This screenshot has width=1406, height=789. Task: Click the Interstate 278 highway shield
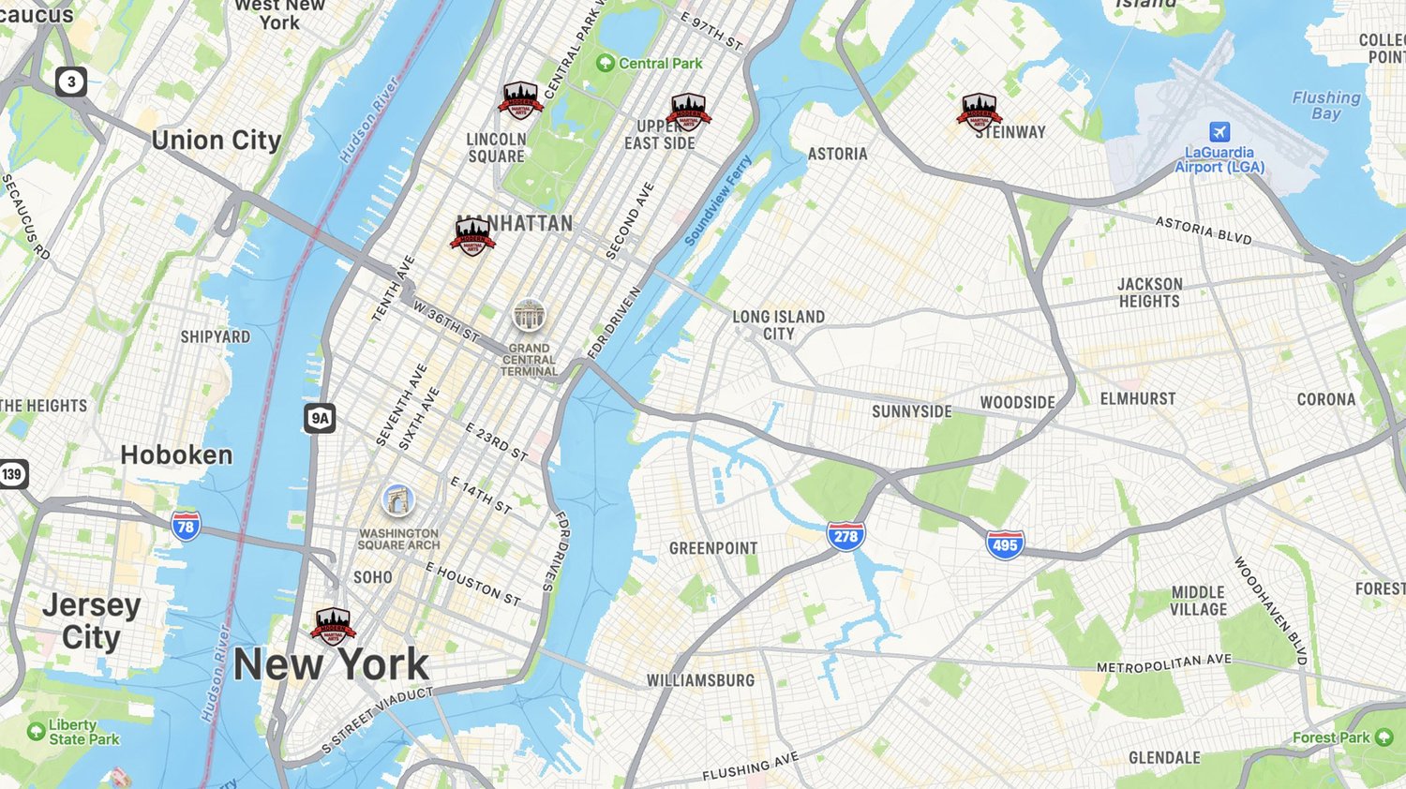coord(845,536)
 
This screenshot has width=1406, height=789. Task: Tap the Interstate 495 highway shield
coord(1004,543)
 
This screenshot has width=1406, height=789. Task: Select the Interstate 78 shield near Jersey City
coord(186,526)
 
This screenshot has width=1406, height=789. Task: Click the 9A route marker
coord(320,418)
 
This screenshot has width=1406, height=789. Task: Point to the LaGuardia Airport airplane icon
coord(1219,131)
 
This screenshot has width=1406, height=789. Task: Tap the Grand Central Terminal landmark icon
coord(529,316)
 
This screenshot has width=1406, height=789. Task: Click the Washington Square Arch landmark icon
coord(398,500)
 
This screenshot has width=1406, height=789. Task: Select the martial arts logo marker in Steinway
coord(979,111)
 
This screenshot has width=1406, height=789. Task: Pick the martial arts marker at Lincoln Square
coord(520,100)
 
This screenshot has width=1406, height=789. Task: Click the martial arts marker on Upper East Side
coord(688,112)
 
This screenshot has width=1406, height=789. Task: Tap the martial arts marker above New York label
coord(333,626)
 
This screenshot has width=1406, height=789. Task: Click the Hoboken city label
coord(176,455)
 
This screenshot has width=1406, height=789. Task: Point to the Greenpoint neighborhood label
coord(713,548)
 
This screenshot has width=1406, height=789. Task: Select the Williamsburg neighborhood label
coord(700,680)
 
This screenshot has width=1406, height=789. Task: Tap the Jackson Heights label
coord(1149,292)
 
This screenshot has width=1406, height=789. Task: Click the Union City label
coord(217,141)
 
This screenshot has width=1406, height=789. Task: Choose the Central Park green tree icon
coord(606,63)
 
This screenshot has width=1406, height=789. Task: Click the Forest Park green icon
coord(1384,737)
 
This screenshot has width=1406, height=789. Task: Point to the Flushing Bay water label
coord(1325,105)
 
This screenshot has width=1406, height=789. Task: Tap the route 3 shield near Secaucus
coord(71,82)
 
